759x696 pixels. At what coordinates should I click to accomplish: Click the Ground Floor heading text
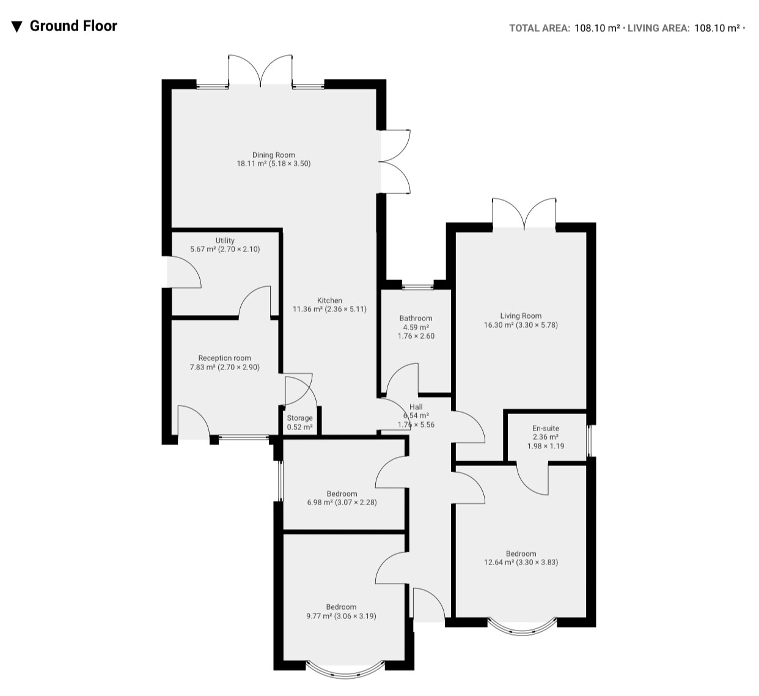coord(73,26)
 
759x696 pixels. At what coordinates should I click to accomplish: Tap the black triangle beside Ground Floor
coord(16,27)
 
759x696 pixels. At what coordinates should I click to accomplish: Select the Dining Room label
coord(274,155)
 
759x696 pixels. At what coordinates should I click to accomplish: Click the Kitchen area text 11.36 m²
coord(307,309)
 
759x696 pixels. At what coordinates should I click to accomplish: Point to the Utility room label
coord(225,240)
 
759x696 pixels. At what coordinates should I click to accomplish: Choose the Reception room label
coord(225,358)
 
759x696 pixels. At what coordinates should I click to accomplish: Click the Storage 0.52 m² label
coord(299,423)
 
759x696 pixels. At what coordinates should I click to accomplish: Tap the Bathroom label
coord(416,319)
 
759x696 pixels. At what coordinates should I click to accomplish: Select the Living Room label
coord(521,316)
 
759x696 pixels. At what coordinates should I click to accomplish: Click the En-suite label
coord(546,428)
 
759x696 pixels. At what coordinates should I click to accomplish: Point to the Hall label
coord(416,407)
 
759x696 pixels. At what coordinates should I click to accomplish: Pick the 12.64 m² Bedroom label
coord(521,558)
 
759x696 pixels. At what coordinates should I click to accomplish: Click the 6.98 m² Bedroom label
coord(342,498)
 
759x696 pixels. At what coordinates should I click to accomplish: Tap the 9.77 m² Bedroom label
coord(341,611)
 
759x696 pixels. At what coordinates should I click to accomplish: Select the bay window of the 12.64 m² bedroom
coord(522,629)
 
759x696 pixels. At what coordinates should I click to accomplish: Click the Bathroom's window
coord(418,287)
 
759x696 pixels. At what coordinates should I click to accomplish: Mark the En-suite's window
coord(588,441)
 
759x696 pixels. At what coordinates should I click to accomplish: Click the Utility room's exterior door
coord(185,272)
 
